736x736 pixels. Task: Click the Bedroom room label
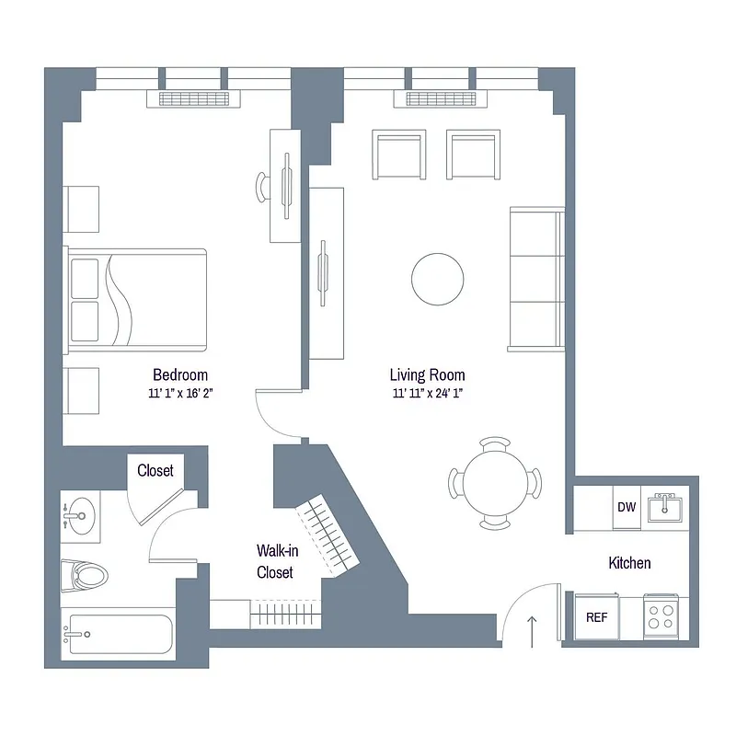[x=180, y=374]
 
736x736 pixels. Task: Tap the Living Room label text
[x=427, y=374]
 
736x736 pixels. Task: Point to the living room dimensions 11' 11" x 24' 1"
[x=427, y=393]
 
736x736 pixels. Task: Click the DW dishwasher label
[x=627, y=507]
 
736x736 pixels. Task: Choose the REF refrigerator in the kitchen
[x=596, y=617]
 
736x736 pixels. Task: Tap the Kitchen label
[x=629, y=562]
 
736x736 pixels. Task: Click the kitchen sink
[x=662, y=507]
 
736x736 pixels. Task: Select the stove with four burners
[x=659, y=614]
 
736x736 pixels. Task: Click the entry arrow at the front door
[x=531, y=631]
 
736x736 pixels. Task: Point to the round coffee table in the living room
[x=438, y=279]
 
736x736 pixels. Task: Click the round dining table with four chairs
[x=495, y=483]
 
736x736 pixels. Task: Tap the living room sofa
[x=536, y=279]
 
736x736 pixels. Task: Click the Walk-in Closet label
[x=274, y=561]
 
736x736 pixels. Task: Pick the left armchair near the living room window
[x=399, y=155]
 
